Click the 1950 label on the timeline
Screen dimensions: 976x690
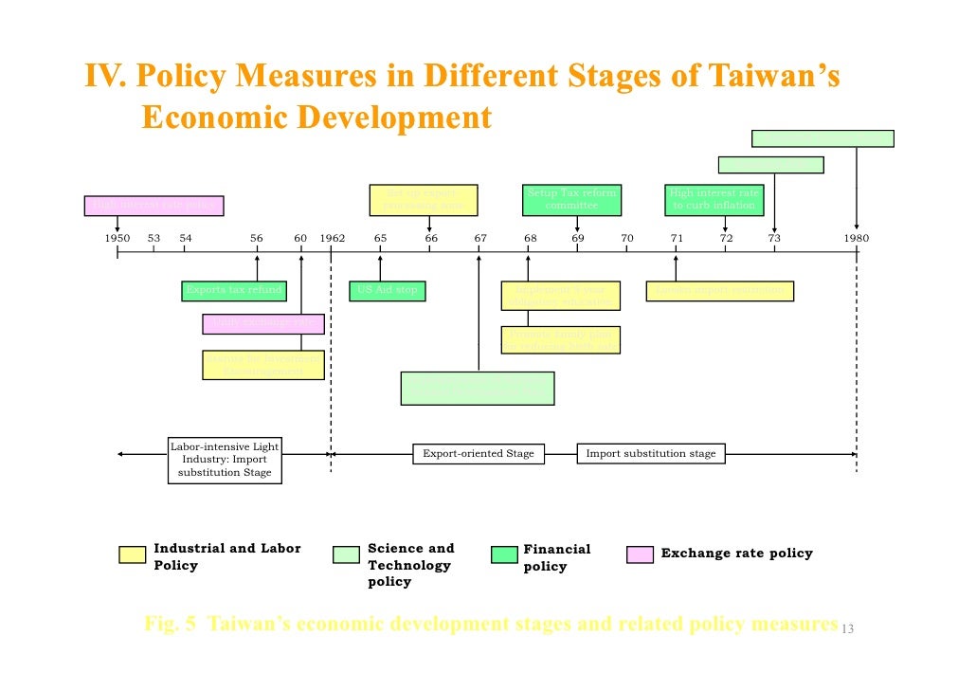click(117, 239)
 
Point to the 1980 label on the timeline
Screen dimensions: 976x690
click(856, 239)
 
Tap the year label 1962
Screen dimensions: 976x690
click(332, 239)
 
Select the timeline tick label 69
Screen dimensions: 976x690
click(577, 239)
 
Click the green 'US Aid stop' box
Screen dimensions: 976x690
click(387, 290)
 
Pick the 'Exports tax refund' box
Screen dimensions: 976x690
click(234, 290)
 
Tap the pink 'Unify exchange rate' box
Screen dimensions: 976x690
click(263, 323)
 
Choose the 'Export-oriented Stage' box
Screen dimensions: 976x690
click(479, 454)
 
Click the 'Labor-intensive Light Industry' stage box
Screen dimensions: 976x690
click(225, 459)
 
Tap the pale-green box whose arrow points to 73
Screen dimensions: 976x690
click(770, 165)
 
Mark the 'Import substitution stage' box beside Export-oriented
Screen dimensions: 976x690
click(651, 454)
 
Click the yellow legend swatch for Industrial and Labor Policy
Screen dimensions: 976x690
click(133, 555)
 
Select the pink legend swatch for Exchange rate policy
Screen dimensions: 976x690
click(640, 555)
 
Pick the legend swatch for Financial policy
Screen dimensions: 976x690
click(504, 555)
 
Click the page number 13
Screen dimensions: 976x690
click(848, 630)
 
